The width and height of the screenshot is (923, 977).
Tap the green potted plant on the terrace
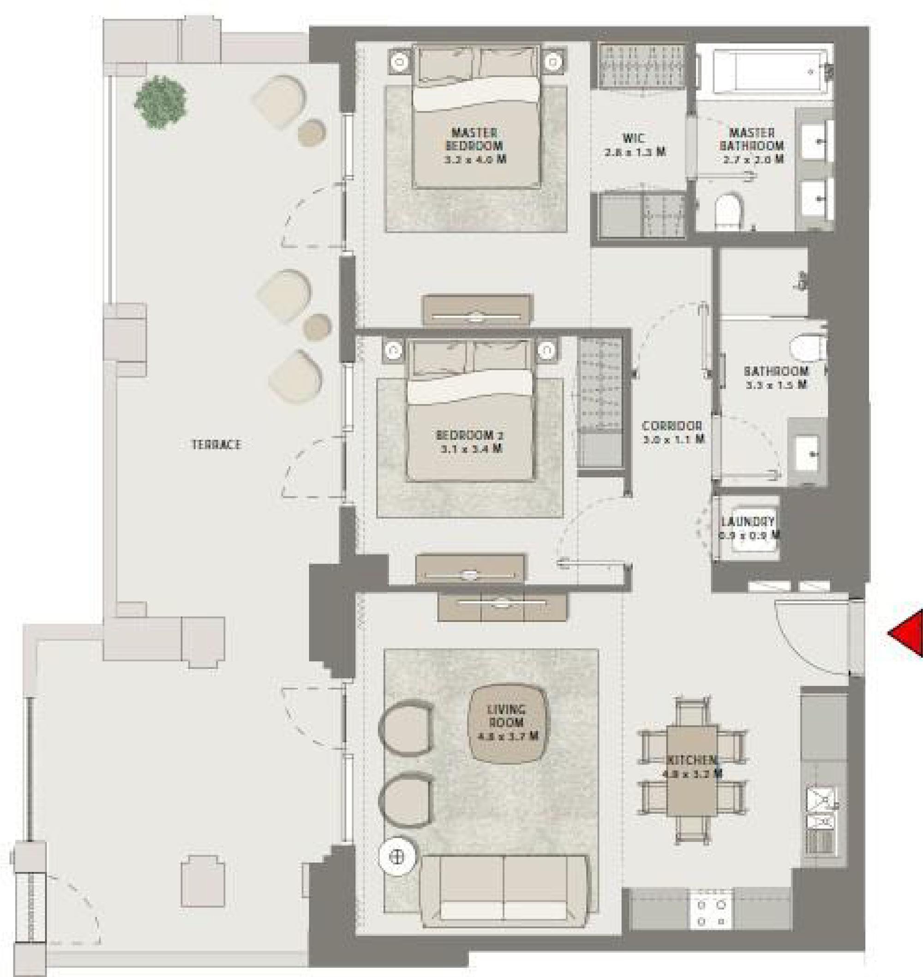pyautogui.click(x=161, y=102)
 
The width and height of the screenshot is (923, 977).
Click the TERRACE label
pyautogui.click(x=216, y=445)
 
